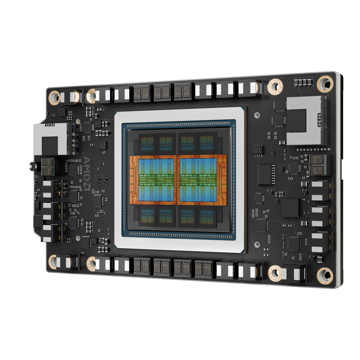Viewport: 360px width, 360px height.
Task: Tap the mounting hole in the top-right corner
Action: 325,84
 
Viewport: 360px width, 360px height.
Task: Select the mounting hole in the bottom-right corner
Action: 325,275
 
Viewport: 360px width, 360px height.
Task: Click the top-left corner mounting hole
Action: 54,98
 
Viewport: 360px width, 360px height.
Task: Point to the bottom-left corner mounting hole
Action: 53,262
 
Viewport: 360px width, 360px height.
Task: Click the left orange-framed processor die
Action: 153,180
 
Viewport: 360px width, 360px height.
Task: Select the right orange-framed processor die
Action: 201,180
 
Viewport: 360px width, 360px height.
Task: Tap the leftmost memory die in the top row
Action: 147,143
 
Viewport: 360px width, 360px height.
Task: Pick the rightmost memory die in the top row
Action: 207,142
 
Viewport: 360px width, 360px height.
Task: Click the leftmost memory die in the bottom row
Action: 147,216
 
